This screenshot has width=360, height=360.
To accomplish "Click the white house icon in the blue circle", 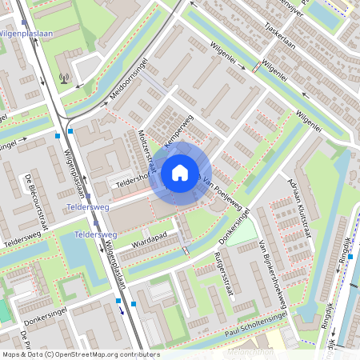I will pyautogui.click(x=180, y=173).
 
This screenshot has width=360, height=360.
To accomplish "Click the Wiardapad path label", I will pyautogui.click(x=146, y=237).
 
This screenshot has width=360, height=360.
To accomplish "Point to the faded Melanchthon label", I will pyautogui.click(x=250, y=351).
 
